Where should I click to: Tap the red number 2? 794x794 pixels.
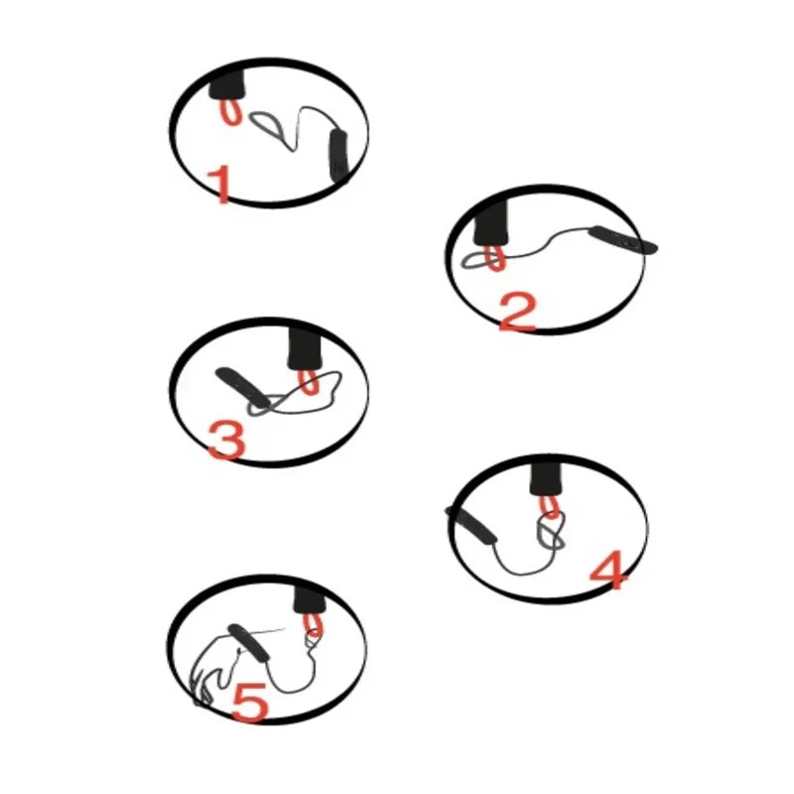(x=516, y=313)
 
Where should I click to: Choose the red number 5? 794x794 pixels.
(x=251, y=702)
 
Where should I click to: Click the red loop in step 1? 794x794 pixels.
(x=230, y=112)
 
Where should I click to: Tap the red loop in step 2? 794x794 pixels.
(x=495, y=258)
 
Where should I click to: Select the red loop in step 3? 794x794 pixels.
(x=308, y=382)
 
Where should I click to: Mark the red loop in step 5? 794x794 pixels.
(x=313, y=625)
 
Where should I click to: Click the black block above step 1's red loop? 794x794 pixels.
(x=227, y=83)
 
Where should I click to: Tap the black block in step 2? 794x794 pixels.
(x=490, y=222)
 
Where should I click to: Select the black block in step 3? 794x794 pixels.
(x=305, y=348)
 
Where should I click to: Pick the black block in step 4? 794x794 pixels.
(x=546, y=479)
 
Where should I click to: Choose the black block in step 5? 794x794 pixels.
(x=310, y=599)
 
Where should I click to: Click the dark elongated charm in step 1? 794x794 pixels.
(x=338, y=156)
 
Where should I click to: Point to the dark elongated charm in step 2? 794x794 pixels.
(x=623, y=240)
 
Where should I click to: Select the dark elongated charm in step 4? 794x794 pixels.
(x=471, y=525)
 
